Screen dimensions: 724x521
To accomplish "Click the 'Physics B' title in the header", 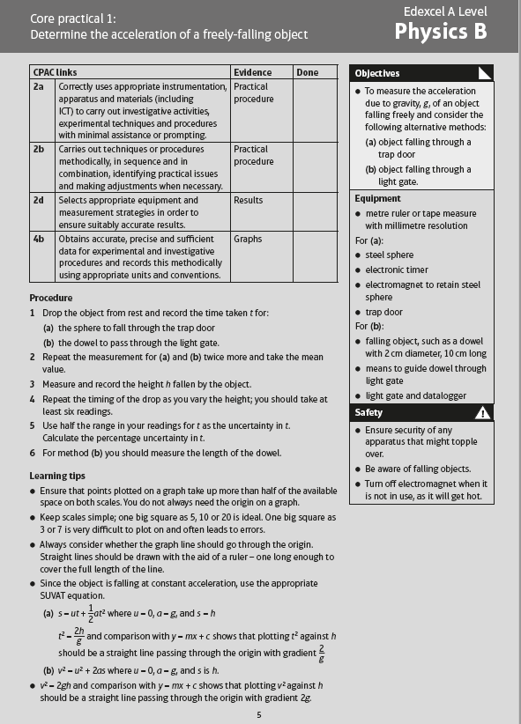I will pyautogui.click(x=440, y=33).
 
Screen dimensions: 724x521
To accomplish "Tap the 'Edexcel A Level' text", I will pyautogui.click(x=445, y=11).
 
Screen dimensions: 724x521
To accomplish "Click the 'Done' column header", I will pyautogui.click(x=307, y=72).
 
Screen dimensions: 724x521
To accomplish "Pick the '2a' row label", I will pyautogui.click(x=39, y=87).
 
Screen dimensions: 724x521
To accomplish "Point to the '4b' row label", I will pyautogui.click(x=39, y=239).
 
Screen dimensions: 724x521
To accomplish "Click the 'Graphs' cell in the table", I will pyautogui.click(x=249, y=239).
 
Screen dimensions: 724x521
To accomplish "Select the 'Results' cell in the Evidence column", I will pyautogui.click(x=249, y=200).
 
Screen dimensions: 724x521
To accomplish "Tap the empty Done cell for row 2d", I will pyautogui.click(x=316, y=212).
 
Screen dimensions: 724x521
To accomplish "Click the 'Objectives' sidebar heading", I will pyautogui.click(x=376, y=73).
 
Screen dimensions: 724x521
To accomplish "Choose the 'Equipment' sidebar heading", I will pyautogui.click(x=378, y=198).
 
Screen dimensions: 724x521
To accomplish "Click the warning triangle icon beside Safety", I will pyautogui.click(x=482, y=412).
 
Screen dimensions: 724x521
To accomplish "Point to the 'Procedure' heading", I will pyautogui.click(x=53, y=298).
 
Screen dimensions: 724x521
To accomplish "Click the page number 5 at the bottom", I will pyautogui.click(x=259, y=713).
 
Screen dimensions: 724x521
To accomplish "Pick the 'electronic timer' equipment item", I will pyautogui.click(x=397, y=270).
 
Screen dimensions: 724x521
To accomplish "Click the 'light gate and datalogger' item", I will pyautogui.click(x=415, y=396).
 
